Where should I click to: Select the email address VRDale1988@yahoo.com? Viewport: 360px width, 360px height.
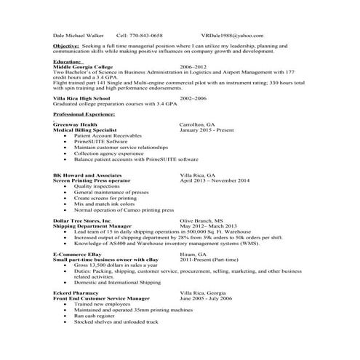(232, 34)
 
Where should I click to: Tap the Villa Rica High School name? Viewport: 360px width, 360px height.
(81, 97)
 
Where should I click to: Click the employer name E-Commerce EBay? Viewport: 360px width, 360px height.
(81, 254)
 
